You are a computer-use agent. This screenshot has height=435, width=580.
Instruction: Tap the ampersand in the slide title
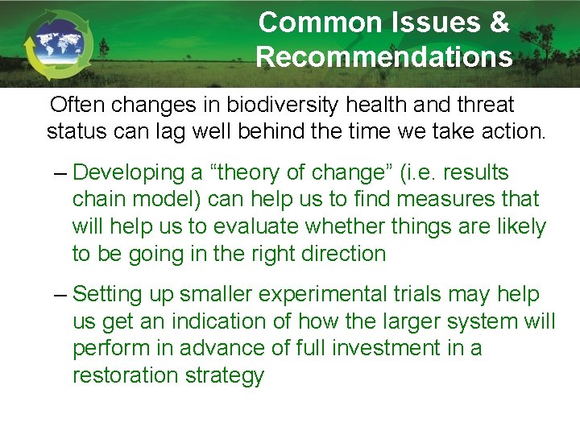click(497, 23)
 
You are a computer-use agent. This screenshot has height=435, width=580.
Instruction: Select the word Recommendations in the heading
click(384, 57)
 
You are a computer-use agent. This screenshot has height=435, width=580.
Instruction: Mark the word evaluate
click(261, 226)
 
